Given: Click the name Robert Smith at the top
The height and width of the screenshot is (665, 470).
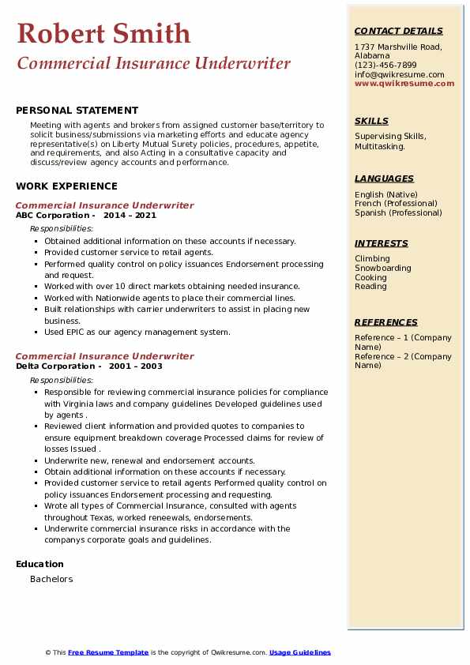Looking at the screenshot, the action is (103, 33).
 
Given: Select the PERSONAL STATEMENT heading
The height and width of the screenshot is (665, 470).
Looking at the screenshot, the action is (77, 111).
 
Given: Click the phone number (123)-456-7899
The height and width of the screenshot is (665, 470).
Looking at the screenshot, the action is (385, 65).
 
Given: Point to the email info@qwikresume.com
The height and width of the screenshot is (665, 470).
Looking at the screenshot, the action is (400, 74).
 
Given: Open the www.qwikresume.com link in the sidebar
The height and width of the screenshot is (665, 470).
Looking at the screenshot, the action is (404, 83).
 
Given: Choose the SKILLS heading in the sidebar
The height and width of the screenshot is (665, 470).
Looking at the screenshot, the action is (371, 121).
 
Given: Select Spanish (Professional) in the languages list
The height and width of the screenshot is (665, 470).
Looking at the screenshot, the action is (398, 212).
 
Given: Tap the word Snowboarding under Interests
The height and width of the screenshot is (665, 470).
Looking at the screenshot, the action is (382, 268).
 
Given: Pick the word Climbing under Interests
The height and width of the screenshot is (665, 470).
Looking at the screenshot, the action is (372, 258).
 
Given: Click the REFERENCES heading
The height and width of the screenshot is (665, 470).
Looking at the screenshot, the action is (386, 322).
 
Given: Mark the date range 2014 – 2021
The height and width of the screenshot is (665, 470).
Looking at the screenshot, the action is (130, 216).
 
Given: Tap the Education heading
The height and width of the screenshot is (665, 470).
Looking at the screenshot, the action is (39, 564).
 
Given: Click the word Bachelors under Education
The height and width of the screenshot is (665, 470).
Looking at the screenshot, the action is (51, 579).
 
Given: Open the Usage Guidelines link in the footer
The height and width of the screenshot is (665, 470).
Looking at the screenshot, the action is (299, 652).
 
